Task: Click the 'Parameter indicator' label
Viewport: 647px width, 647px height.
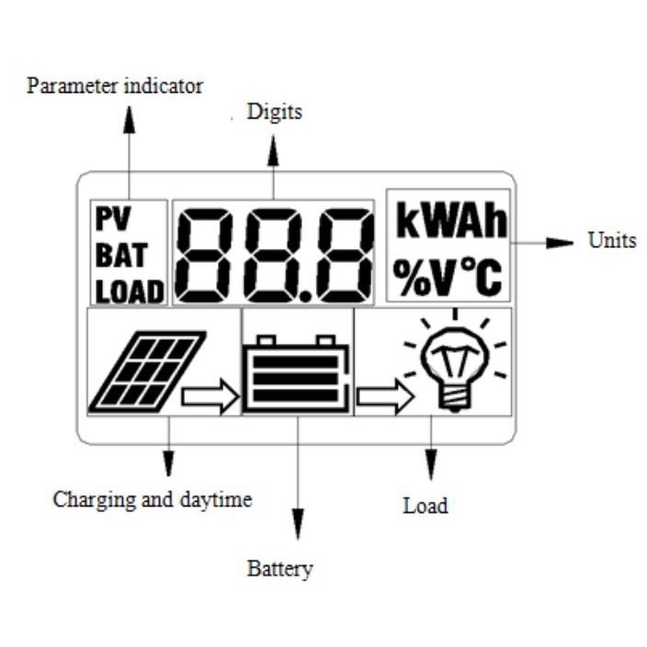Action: coord(115,86)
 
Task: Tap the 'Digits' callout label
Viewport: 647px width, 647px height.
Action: coord(274,113)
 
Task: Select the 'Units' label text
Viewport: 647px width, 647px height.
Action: coord(611,241)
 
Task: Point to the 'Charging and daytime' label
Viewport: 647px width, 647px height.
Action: coord(152,500)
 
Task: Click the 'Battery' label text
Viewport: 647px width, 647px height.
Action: coord(279,568)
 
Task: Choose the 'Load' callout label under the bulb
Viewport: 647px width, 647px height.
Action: coord(426,505)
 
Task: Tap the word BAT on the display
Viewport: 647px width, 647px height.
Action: coord(121,255)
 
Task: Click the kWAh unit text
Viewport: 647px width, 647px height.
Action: coord(450,222)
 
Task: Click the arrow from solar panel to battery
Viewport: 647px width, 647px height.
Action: coord(210,397)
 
